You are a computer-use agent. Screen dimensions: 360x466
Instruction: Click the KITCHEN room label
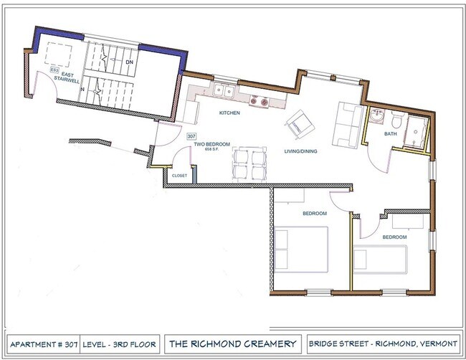229,113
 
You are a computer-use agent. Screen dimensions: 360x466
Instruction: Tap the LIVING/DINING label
300,151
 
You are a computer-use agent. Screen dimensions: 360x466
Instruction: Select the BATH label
390,133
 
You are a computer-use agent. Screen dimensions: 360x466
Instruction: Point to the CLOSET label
179,175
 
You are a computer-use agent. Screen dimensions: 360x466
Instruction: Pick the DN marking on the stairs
130,62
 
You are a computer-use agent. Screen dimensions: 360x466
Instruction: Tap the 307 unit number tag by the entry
191,135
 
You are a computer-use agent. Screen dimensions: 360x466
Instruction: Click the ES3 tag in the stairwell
54,50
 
